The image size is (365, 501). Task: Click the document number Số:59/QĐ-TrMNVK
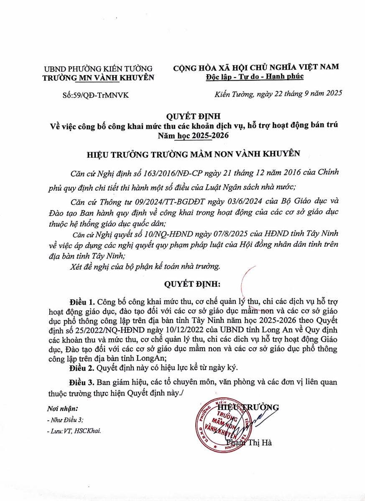pos(95,96)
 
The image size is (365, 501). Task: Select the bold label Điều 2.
pos(81,368)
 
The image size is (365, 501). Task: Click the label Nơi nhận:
pos(62,408)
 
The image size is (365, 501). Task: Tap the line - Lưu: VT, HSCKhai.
pos(74,431)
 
